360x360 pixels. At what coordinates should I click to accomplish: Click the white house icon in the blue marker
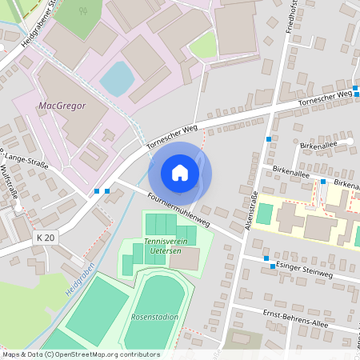[180, 173]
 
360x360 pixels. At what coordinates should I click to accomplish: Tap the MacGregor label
[62, 105]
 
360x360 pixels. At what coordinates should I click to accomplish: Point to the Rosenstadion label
[155, 317]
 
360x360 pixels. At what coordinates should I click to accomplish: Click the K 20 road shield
[46, 238]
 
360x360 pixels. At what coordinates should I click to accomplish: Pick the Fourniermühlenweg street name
[180, 210]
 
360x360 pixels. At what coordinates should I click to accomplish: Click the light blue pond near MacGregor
[118, 77]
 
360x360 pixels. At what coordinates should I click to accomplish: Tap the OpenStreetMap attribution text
[80, 354]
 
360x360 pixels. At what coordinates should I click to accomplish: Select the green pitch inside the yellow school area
[264, 214]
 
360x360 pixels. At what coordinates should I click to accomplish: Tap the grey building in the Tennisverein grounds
[185, 258]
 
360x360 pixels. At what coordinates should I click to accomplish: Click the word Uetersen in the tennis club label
[164, 250]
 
